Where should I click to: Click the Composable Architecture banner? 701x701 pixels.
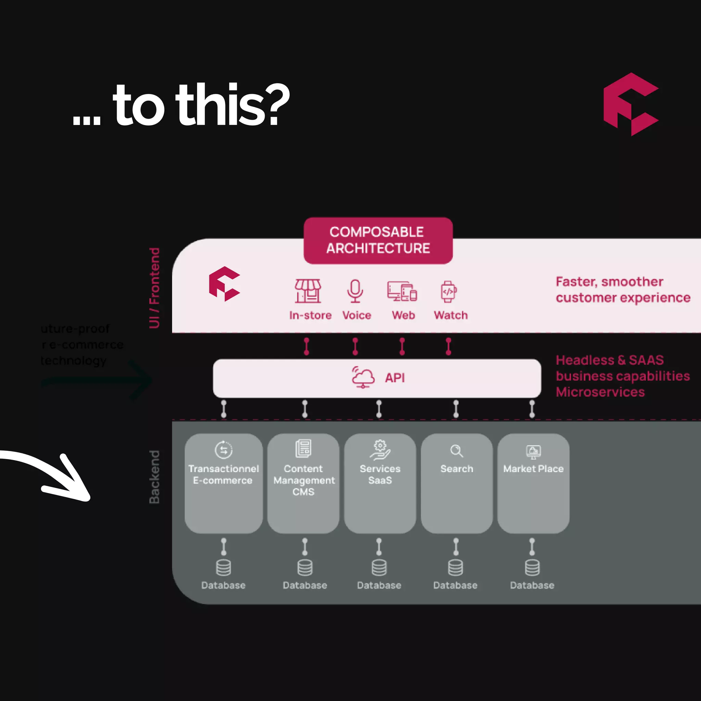(378, 241)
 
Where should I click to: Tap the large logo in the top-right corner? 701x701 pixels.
(630, 104)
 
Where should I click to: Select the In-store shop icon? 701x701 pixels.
(308, 291)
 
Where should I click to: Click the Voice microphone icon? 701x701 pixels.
(355, 291)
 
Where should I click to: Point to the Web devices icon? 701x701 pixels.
(402, 291)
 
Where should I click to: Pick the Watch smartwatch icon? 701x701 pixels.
(448, 291)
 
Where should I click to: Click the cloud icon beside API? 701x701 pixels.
(363, 377)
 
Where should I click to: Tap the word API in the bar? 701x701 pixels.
(395, 378)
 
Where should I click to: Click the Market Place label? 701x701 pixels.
(533, 469)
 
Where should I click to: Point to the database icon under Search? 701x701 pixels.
(455, 568)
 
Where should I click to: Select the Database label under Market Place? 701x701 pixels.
(532, 585)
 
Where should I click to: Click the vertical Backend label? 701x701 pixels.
(155, 477)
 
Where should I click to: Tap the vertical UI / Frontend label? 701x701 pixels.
(155, 288)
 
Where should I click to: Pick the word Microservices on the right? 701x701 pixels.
(600, 392)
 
